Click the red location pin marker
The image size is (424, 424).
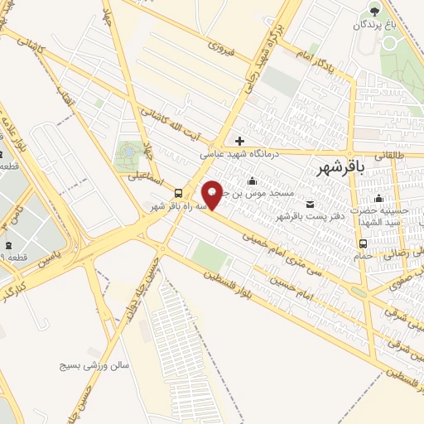pos(213,195)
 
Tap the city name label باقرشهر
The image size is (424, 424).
pos(340,168)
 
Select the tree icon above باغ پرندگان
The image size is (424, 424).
pos(375,11)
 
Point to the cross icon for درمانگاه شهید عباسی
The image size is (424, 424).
pos(239,141)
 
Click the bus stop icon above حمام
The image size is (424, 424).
pos(364,243)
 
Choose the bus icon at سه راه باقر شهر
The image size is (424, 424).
pos(179,193)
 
